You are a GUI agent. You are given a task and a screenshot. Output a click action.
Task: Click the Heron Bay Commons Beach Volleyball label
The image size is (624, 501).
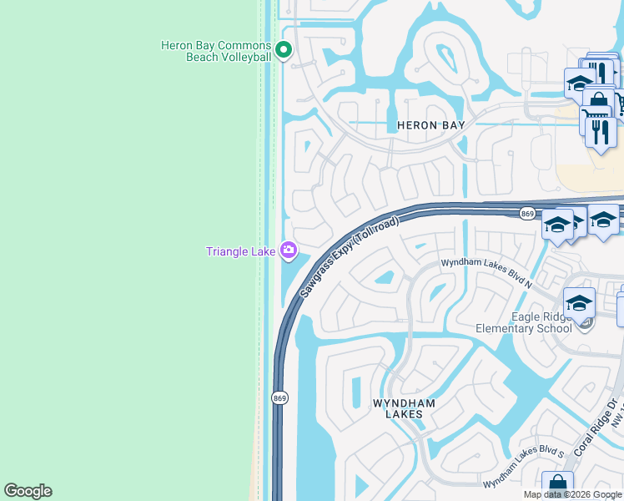click(216, 51)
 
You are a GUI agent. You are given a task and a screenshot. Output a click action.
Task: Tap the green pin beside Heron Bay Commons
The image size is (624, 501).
click(283, 51)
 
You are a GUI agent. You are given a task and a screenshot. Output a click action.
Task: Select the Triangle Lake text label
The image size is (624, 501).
click(240, 250)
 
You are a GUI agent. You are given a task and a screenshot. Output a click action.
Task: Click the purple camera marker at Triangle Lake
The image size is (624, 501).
click(288, 250)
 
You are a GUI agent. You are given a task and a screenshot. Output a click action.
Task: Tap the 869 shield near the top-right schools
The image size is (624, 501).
click(526, 214)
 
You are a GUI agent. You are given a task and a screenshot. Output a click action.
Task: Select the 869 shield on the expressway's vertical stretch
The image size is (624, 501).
click(279, 398)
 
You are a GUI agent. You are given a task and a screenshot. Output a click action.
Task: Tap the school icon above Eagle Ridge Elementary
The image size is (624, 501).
click(579, 303)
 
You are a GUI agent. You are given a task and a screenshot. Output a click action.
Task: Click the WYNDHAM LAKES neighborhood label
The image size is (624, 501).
click(404, 408)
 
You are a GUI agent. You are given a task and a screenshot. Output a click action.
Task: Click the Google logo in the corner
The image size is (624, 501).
click(28, 491)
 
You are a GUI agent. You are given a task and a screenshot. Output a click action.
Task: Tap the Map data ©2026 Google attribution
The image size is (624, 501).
click(572, 494)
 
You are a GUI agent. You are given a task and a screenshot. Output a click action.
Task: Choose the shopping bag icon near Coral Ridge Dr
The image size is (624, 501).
click(557, 485)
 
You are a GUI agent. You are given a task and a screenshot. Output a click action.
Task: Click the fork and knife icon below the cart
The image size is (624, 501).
click(601, 132)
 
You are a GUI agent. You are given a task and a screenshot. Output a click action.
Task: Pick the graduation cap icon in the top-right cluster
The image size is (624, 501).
click(578, 82)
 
